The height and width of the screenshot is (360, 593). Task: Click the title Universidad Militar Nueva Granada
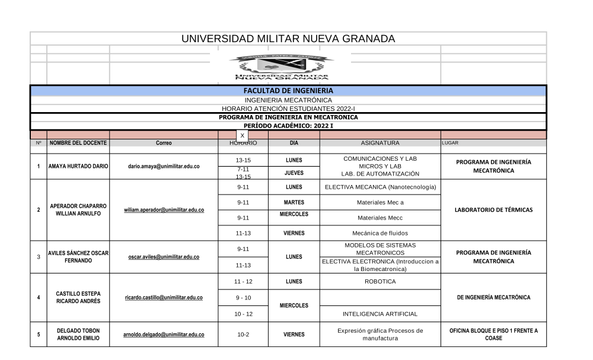click(288, 39)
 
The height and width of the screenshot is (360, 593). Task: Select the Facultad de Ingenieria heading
click(288, 91)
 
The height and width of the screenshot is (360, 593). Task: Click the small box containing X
click(242, 136)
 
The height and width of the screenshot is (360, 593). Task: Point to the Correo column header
click(164, 144)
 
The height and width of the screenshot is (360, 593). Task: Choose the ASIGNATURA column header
click(380, 143)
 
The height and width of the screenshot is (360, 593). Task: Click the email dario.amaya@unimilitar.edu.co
click(164, 167)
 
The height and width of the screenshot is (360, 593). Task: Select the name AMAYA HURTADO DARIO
click(78, 167)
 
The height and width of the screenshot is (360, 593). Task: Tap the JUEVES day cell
click(294, 173)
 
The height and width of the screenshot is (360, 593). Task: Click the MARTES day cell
click(294, 202)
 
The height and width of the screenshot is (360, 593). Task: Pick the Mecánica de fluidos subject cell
click(380, 233)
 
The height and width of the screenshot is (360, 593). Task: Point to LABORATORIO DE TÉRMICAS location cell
click(493, 210)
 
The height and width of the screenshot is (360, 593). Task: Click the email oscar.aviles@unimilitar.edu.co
click(164, 257)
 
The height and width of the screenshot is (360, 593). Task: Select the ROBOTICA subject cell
click(380, 282)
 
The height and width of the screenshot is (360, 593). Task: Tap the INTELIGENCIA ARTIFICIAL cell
click(380, 314)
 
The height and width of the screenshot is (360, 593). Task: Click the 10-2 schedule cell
click(243, 334)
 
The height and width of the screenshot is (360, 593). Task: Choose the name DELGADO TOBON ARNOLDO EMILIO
click(78, 334)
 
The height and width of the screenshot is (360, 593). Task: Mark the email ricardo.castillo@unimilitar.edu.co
click(164, 298)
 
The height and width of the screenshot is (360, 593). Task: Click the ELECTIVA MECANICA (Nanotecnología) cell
click(380, 187)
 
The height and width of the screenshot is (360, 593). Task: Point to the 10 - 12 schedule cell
click(243, 314)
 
